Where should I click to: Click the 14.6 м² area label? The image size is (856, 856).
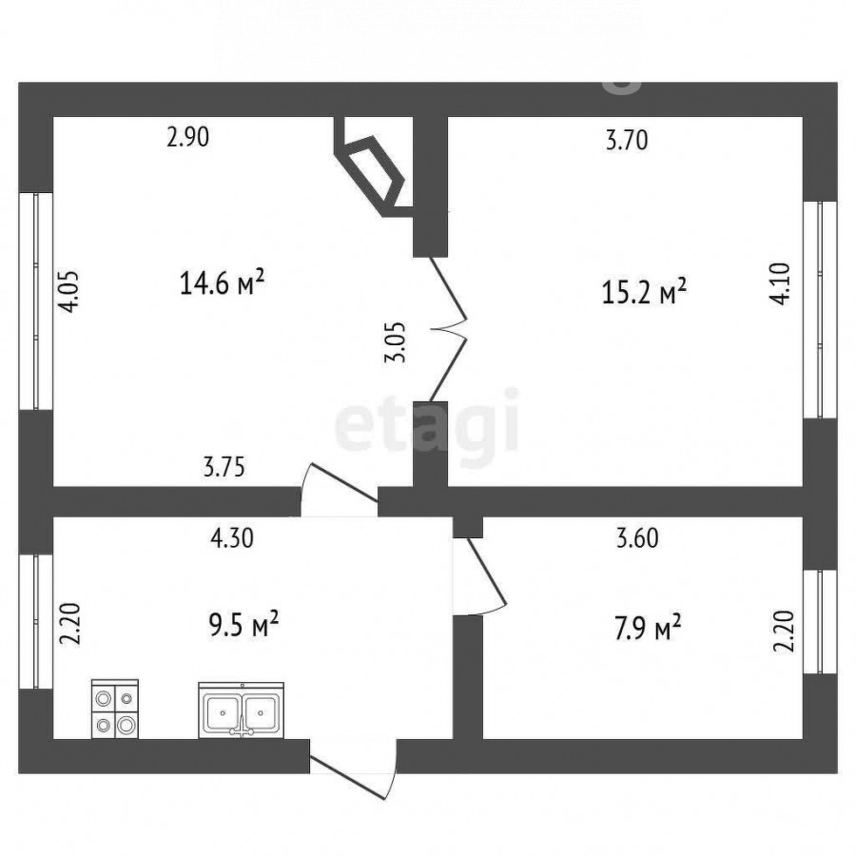point(223,282)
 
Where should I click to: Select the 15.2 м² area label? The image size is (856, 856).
point(644,290)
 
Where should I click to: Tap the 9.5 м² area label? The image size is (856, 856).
point(244,625)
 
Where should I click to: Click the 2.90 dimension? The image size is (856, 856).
point(187,136)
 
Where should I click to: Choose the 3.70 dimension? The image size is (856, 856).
point(628,140)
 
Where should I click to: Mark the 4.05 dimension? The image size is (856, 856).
point(69,291)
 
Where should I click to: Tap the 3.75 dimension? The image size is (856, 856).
point(224,467)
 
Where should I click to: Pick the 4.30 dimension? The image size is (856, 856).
point(233,537)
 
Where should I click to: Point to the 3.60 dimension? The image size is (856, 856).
point(637,537)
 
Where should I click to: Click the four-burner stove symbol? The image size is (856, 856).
point(115,709)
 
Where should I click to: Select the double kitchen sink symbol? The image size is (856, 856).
point(241,710)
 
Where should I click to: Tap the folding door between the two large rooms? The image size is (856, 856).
point(449,329)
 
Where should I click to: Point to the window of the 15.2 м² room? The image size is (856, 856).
point(820,309)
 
